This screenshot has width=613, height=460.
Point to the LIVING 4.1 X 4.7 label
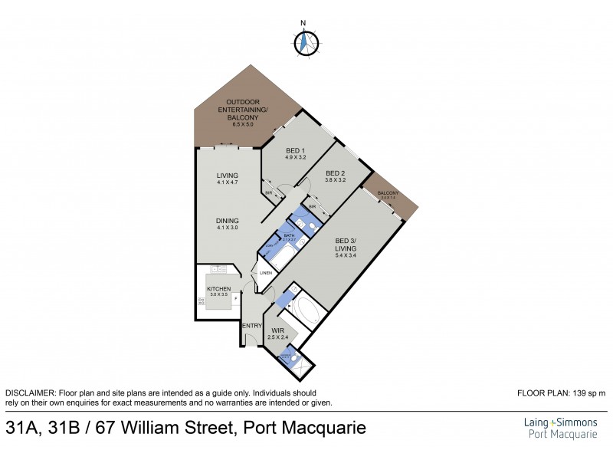[228, 179]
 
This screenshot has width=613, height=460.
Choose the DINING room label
[228, 223]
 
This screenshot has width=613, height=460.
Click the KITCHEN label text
[218, 289]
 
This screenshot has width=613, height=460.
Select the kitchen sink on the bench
[217, 270]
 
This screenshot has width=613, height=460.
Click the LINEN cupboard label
[266, 274]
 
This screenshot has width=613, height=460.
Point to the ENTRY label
[251, 326]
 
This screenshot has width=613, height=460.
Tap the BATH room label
[289, 236]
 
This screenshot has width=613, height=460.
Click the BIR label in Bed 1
[269, 192]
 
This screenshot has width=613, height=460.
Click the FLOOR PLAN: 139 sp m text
[562, 393]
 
